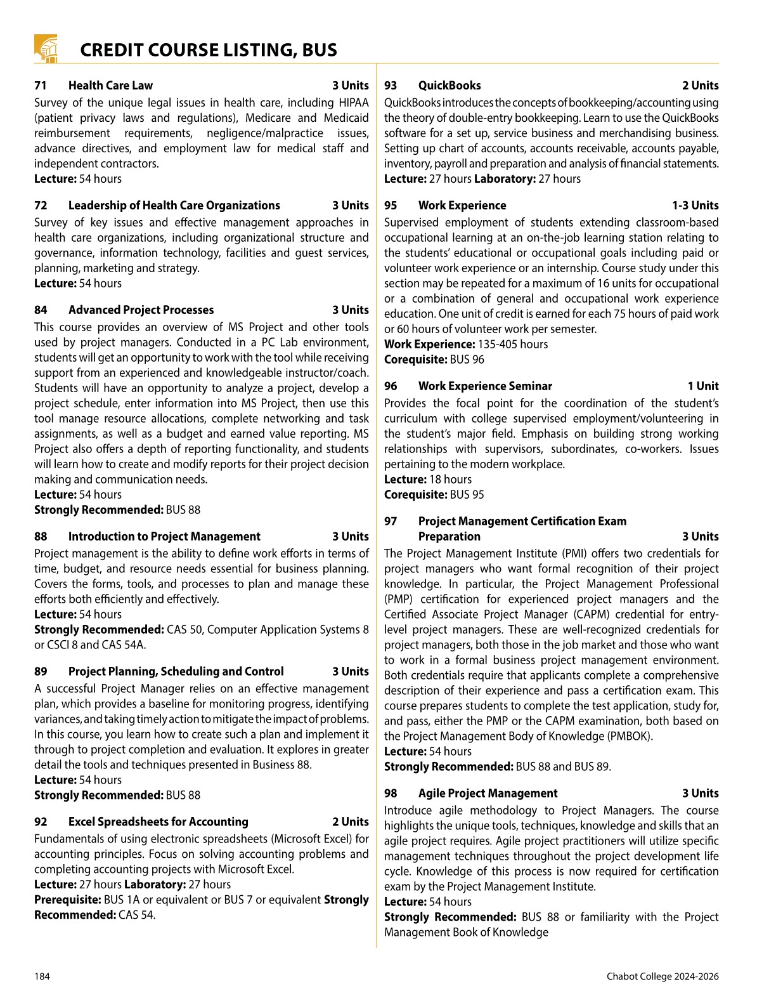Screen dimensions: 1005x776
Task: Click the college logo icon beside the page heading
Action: [46, 49]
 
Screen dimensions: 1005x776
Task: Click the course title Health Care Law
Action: [110, 86]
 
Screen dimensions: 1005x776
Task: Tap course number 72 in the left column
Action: [41, 206]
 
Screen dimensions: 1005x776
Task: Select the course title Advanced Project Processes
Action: [141, 310]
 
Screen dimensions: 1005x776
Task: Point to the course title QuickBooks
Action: [449, 86]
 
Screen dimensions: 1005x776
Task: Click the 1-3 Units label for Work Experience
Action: [695, 206]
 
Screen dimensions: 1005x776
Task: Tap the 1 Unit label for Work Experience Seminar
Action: [702, 386]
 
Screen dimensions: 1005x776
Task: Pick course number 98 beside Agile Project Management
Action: [391, 794]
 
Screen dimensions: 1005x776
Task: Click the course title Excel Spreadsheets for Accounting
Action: [158, 822]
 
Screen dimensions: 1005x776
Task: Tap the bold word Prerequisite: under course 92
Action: [67, 900]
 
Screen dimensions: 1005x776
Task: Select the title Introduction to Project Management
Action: [164, 537]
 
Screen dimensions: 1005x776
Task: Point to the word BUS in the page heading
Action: [319, 50]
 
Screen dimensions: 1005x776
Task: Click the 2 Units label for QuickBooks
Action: [700, 86]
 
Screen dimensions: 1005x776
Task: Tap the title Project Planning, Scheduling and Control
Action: [176, 672]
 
